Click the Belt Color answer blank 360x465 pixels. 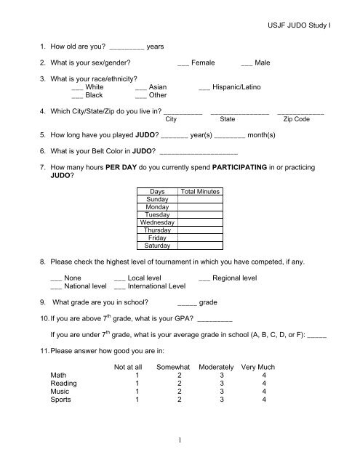[x=198, y=152]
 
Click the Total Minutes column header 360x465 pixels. [x=200, y=191]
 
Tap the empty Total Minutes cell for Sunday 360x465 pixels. [x=200, y=199]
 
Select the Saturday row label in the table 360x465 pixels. [x=157, y=246]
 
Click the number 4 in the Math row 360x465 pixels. [x=263, y=375]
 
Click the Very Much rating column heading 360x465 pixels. [x=263, y=366]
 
